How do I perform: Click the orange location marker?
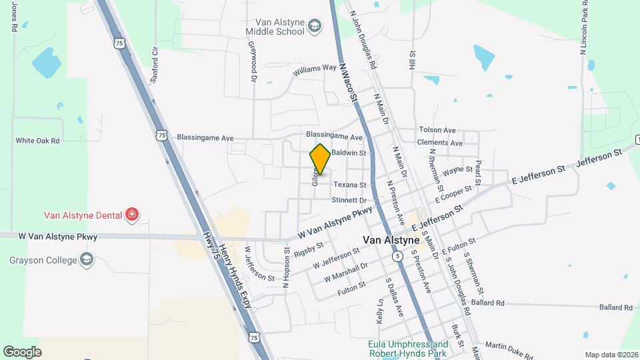[x=320, y=160]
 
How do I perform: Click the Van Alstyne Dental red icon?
[x=133, y=214]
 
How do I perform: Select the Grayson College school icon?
[x=86, y=259]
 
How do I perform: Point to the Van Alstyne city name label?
[x=391, y=240]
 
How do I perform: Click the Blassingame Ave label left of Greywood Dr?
[x=205, y=137]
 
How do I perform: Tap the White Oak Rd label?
[x=38, y=141]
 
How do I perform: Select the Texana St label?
[x=350, y=185]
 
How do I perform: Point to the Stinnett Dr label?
[x=349, y=200]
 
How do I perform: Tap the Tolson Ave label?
[x=437, y=130]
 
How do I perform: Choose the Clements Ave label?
[x=439, y=143]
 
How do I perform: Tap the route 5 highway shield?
[x=397, y=256]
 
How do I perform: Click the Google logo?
[x=22, y=351]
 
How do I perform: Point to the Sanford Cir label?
[x=155, y=65]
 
